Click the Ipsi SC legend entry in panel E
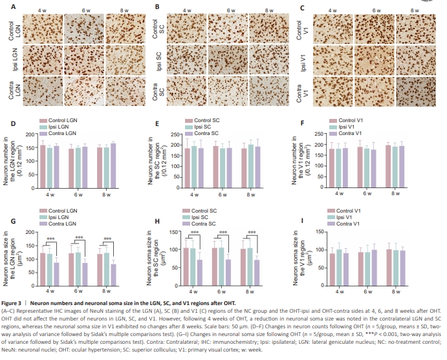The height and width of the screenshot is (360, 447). pos(206,127)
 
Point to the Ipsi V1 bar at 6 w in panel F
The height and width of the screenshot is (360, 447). pos(367,167)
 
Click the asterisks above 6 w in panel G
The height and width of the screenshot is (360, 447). pos(80,238)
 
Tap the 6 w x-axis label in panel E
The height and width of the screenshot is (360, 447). pos(223,194)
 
